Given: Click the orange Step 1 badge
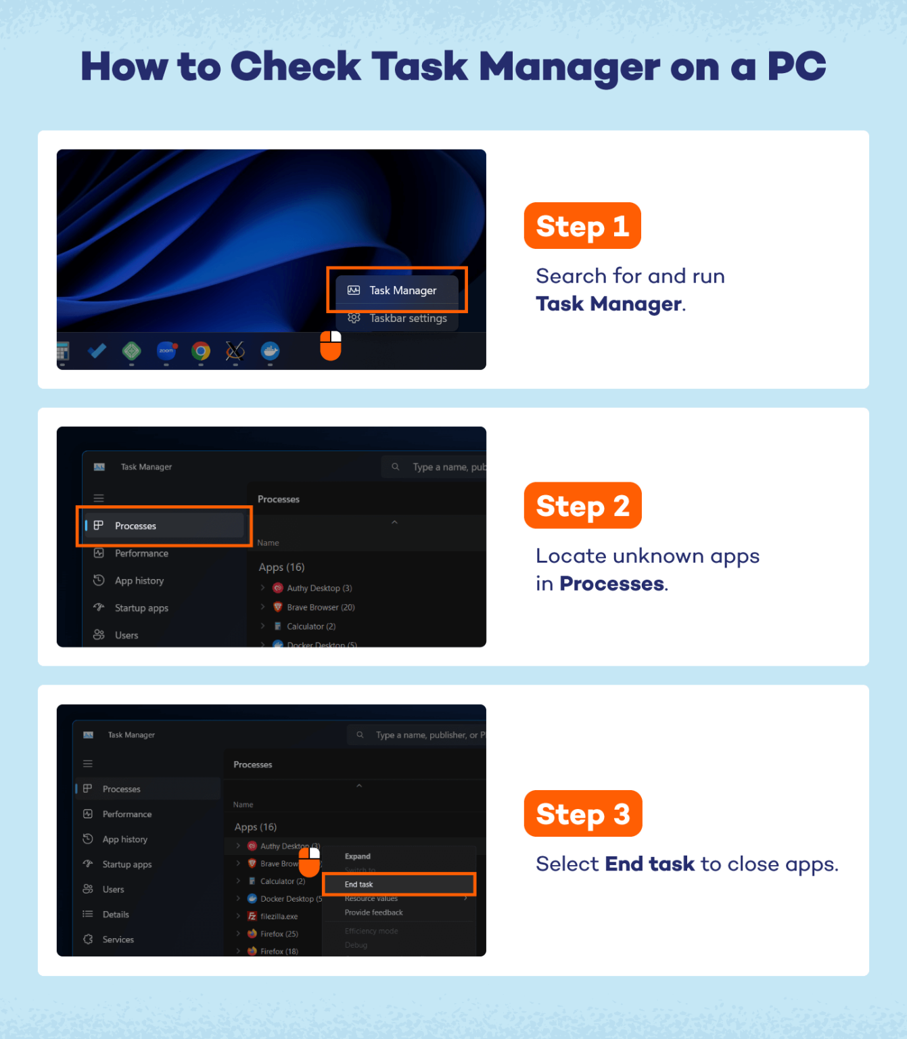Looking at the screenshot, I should [582, 226].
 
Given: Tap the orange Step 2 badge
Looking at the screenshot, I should [582, 506].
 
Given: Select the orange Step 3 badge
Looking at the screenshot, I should [582, 814].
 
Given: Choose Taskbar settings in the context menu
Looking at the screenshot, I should [407, 319].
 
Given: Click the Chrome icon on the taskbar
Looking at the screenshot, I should [201, 351].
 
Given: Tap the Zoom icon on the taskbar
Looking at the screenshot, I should [166, 350].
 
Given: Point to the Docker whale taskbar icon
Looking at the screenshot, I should [270, 351].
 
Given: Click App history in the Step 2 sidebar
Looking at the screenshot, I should [139, 580].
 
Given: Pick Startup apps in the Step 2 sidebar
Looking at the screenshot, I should [141, 608].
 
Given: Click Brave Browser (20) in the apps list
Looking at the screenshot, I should [320, 607].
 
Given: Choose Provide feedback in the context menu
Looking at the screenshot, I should [373, 913].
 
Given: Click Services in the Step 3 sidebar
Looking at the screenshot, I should [118, 940].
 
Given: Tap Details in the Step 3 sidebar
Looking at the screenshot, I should [116, 915].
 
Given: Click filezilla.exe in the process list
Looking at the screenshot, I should [279, 917].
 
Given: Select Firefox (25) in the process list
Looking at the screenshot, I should [279, 934].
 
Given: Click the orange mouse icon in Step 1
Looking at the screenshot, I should [330, 346].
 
